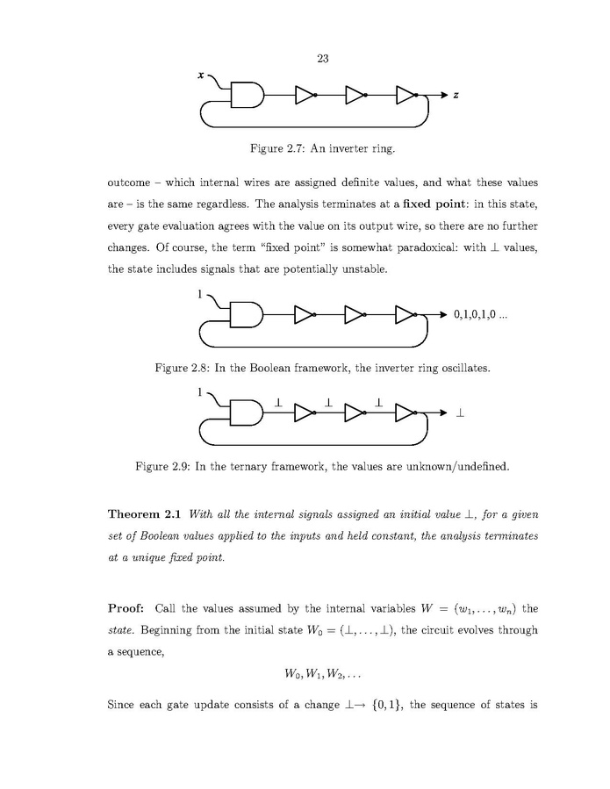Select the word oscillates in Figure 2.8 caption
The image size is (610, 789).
pyautogui.click(x=461, y=368)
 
